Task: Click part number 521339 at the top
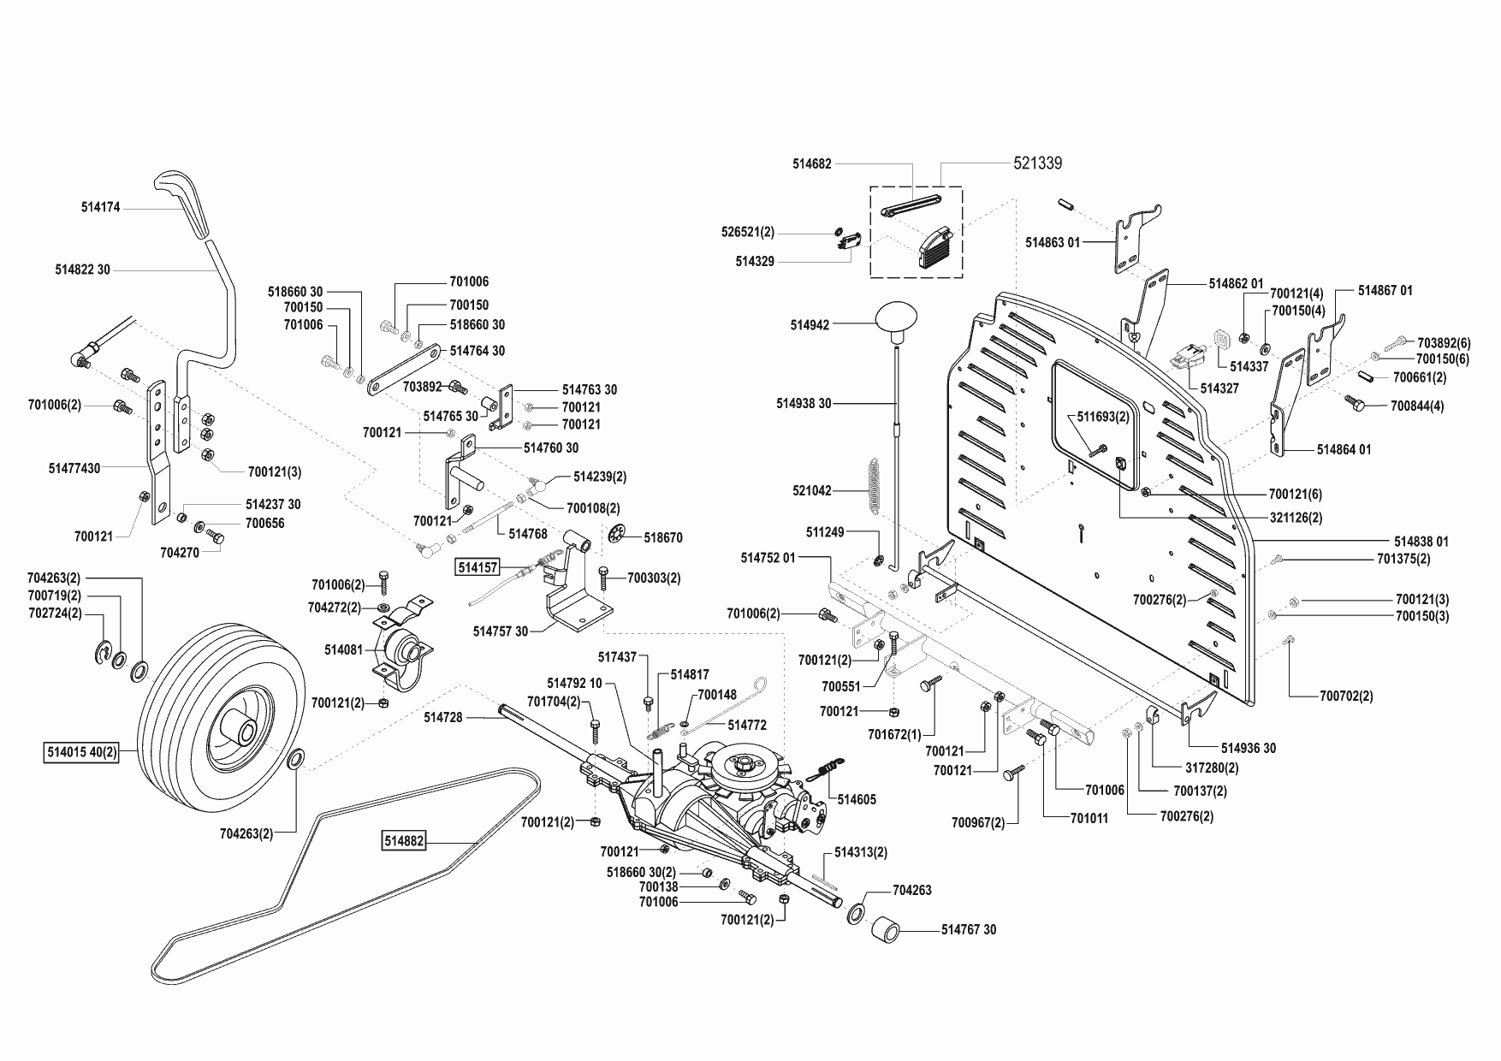point(1037,163)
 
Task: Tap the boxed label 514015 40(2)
point(80,754)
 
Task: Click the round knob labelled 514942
point(896,323)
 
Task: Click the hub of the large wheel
point(240,732)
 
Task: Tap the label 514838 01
point(1421,542)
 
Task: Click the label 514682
point(812,163)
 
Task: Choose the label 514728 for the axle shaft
point(442,718)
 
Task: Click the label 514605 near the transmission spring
point(857,800)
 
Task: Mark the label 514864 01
point(1344,449)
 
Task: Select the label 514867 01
point(1385,291)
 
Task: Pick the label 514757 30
point(501,631)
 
